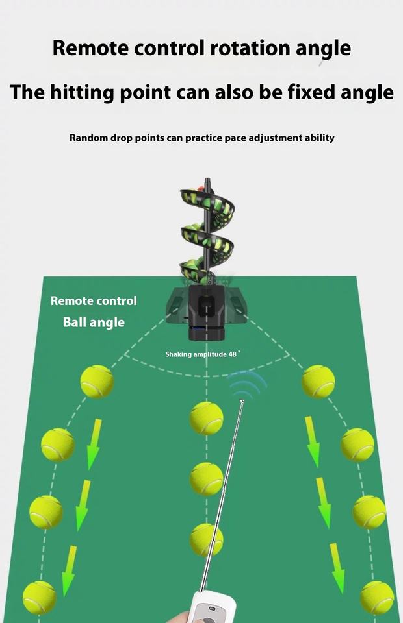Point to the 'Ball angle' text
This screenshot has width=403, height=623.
[x=94, y=322]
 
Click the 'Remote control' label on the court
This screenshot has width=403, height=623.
[x=94, y=301]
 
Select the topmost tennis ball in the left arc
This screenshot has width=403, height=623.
[x=97, y=382]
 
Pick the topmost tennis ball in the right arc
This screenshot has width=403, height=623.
[x=318, y=382]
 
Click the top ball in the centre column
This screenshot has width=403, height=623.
[x=206, y=418]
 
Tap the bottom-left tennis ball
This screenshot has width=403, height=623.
[x=40, y=597]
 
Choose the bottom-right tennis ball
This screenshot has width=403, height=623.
[x=377, y=597]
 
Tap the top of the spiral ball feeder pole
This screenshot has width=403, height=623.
[x=207, y=181]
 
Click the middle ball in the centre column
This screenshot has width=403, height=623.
[x=206, y=479]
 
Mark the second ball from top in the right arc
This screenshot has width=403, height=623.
[x=357, y=445]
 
